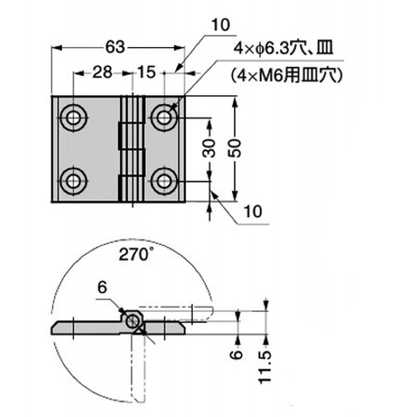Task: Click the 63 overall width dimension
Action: pos(115,47)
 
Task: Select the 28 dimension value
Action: pos(102,72)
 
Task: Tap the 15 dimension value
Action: pos(146,72)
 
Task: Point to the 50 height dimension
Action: pos(235,149)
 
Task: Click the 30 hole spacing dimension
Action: pos(210,148)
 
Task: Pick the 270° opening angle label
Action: pos(136,254)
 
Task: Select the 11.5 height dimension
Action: pos(265,367)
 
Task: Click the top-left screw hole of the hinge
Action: pos(73,118)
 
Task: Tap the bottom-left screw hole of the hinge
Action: pos(73,181)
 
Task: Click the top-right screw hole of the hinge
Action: pos(164,118)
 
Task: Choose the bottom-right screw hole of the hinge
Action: pos(164,181)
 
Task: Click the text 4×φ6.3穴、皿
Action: pos(283,48)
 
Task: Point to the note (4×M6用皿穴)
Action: pos(287,76)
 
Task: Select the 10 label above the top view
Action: pos(220,25)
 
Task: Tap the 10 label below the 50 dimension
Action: pos(253,212)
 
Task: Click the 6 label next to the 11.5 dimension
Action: pos(237,355)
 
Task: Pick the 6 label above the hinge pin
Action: pos(102,288)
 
